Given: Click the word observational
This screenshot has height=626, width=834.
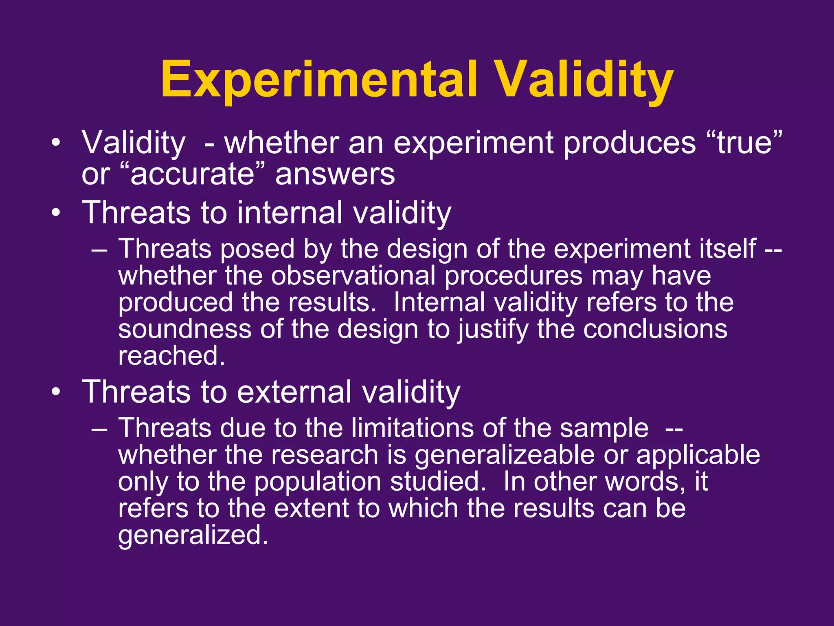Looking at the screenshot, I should click(x=353, y=276).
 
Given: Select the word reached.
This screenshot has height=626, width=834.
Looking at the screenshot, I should click(x=171, y=356).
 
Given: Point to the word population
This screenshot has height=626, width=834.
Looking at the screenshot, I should click(x=317, y=482).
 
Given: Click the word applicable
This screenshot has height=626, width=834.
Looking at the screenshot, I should click(x=698, y=455).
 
